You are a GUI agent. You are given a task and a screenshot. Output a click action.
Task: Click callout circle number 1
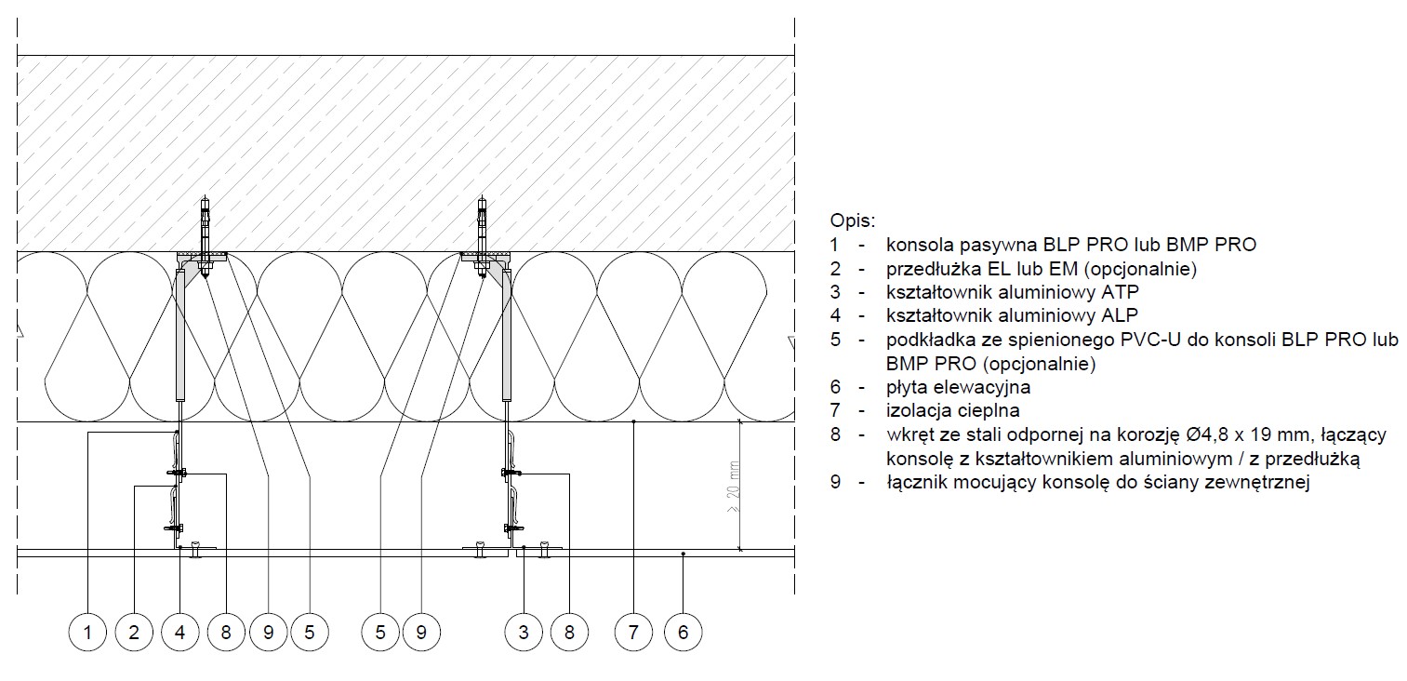[x=87, y=632]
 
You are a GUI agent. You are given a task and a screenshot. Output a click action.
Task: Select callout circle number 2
[x=134, y=632]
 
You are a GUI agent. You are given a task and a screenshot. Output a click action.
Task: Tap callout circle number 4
[x=180, y=632]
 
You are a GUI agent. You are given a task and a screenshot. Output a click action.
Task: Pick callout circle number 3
[x=524, y=632]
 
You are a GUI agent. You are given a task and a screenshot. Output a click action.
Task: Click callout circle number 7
[x=634, y=632]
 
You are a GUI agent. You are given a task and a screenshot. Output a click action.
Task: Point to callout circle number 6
[x=684, y=632]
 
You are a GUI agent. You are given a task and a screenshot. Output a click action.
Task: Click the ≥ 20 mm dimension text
[x=734, y=487]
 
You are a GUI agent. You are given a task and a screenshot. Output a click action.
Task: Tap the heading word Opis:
[x=853, y=221]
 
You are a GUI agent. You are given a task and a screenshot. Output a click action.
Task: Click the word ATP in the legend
[x=1120, y=292]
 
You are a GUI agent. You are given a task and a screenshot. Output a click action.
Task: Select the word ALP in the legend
[x=1120, y=315]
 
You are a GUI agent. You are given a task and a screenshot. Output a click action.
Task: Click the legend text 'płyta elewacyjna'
[x=959, y=388]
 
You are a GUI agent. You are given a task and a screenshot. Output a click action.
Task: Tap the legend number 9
[x=835, y=483]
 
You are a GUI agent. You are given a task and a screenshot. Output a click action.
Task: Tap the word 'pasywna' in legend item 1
[x=998, y=246]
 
